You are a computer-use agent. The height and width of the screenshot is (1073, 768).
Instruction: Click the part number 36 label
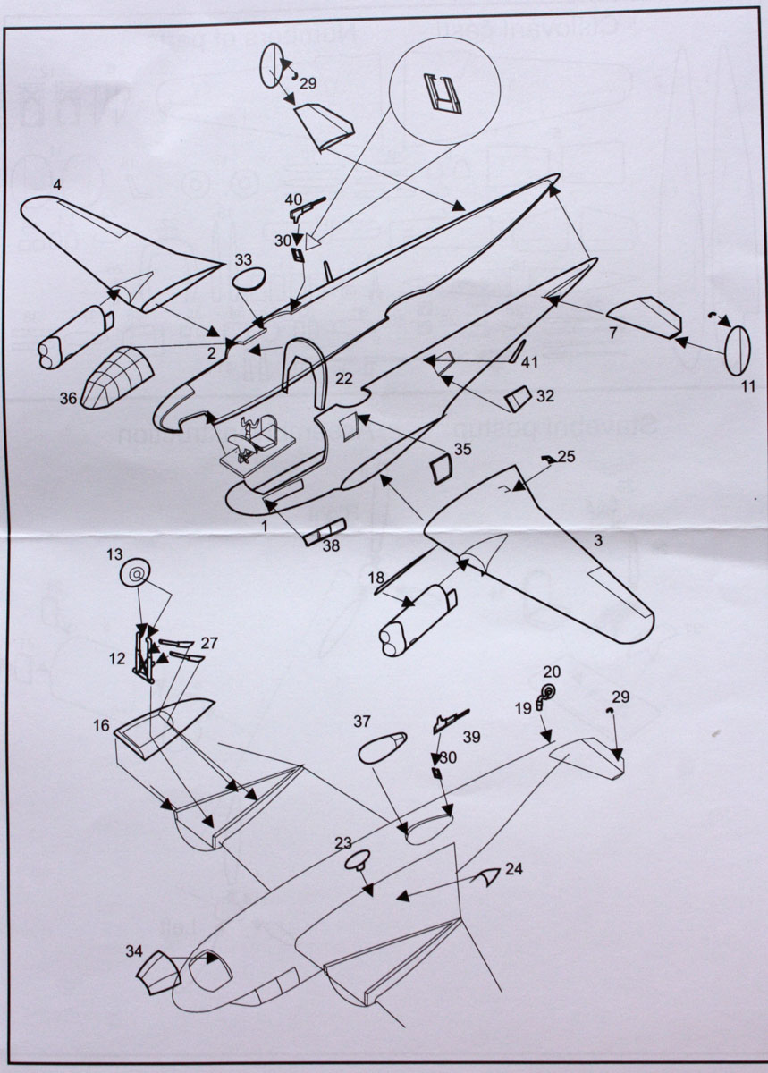click(68, 400)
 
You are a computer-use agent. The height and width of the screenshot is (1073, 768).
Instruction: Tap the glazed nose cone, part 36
click(116, 376)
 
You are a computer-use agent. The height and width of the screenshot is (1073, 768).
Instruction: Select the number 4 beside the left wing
click(57, 185)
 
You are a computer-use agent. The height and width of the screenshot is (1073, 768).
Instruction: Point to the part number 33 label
click(243, 260)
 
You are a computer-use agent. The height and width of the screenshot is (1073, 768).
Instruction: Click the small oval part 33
click(249, 279)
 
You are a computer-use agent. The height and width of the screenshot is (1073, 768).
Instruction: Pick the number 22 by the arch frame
click(344, 379)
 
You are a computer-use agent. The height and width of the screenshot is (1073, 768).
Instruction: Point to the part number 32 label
click(544, 393)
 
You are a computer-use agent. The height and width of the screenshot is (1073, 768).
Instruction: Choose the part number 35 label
click(462, 449)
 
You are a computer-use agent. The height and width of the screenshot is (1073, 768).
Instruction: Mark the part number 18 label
click(376, 578)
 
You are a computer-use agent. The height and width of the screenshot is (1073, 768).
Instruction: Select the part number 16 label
click(101, 725)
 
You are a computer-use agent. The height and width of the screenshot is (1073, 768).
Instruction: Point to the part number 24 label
click(513, 868)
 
